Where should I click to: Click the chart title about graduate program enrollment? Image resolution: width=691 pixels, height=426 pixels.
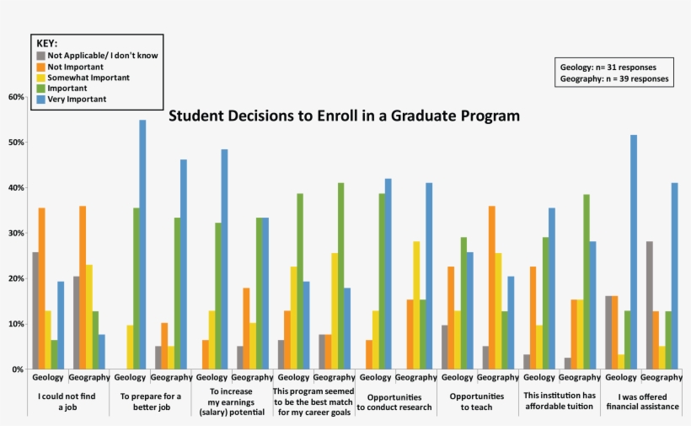[344, 115]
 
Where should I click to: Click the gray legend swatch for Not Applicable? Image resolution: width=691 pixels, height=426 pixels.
[40, 55]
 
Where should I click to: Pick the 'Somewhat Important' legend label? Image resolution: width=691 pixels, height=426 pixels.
[88, 77]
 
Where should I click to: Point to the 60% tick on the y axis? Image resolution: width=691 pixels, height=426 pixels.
[16, 97]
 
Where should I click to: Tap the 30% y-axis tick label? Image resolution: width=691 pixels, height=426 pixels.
[16, 234]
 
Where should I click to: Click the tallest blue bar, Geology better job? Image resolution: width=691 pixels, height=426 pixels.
[142, 245]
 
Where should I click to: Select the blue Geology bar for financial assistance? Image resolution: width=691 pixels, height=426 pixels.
[633, 252]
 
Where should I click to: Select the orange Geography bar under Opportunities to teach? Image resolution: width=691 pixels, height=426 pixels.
[490, 288]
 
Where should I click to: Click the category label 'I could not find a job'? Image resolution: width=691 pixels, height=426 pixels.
[67, 402]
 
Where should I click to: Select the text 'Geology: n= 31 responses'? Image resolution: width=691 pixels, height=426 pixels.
[608, 67]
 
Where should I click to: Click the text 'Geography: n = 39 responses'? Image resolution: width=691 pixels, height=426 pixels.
[613, 78]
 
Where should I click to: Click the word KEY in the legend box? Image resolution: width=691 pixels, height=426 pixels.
[46, 43]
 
